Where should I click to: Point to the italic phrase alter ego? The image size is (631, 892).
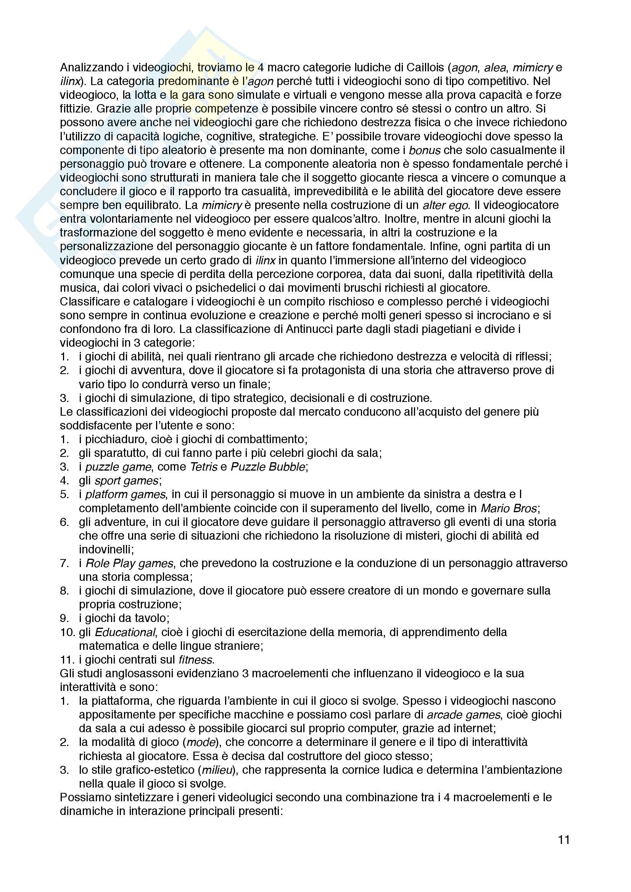pyautogui.click(x=446, y=205)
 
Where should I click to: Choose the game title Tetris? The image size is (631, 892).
pyautogui.click(x=204, y=467)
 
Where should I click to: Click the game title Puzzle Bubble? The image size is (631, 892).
pyautogui.click(x=268, y=467)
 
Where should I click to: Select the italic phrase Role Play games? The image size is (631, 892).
pyautogui.click(x=129, y=563)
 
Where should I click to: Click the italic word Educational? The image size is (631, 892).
pyautogui.click(x=125, y=632)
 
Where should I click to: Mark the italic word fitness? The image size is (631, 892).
pyautogui.click(x=195, y=660)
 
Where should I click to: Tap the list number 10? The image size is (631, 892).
pyautogui.click(x=67, y=632)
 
